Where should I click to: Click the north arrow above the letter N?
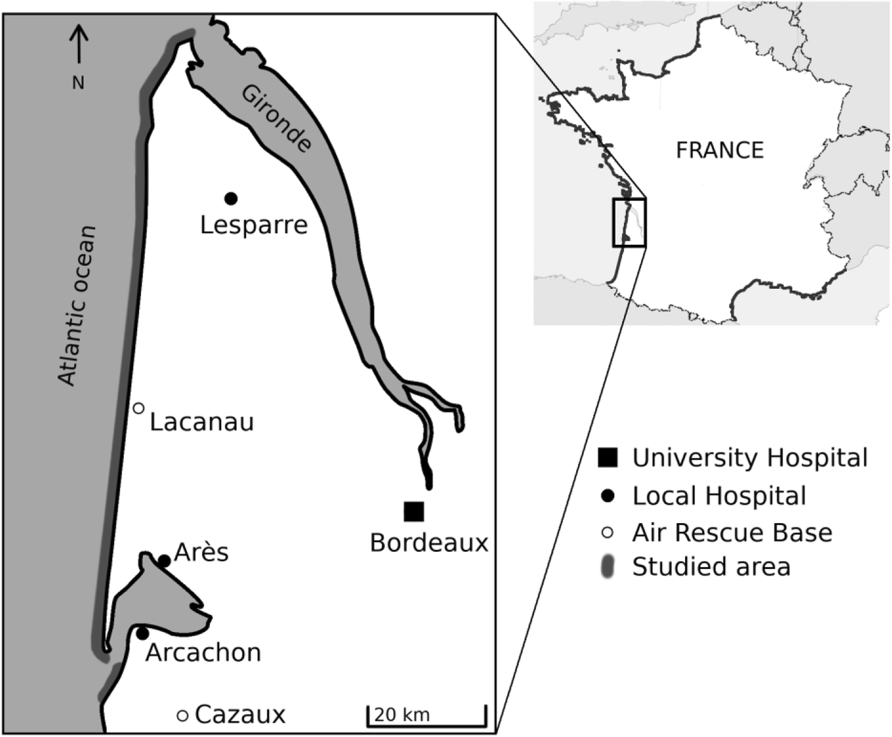tap(79, 44)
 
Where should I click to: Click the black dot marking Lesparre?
tap(231, 199)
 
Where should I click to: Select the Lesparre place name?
tap(254, 225)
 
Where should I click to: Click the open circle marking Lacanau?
tap(139, 408)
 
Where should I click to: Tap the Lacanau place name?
tap(202, 422)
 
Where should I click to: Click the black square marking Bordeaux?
tap(414, 512)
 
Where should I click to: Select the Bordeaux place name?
tap(429, 543)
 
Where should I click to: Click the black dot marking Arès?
tap(164, 561)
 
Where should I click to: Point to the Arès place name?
tap(201, 553)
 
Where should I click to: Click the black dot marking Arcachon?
tap(143, 633)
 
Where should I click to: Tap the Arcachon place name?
tap(203, 653)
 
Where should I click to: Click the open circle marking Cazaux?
tap(182, 716)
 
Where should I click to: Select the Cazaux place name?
tap(240, 715)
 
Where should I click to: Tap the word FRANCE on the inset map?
tap(720, 150)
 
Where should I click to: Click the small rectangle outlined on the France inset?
tap(629, 222)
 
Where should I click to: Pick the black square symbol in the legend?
tap(608, 458)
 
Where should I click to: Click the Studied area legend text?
tap(711, 567)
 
